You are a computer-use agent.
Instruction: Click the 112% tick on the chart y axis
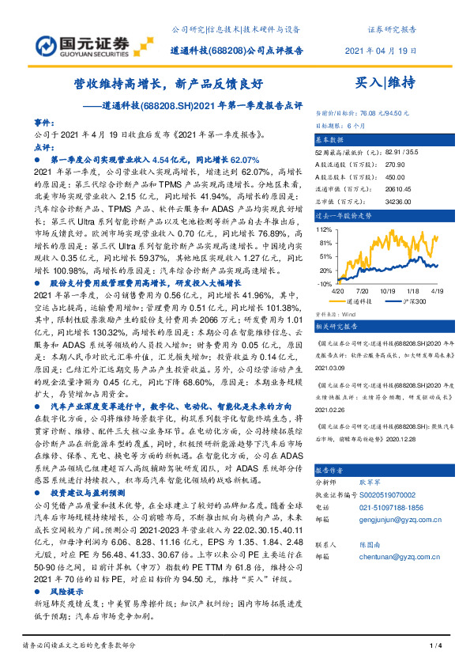(x=324, y=228)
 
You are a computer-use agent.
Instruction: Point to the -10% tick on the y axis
(x=324, y=283)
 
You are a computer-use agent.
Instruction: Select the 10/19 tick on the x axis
(x=388, y=291)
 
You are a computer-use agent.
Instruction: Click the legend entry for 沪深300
(x=416, y=302)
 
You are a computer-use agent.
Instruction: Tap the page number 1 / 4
(x=434, y=647)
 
